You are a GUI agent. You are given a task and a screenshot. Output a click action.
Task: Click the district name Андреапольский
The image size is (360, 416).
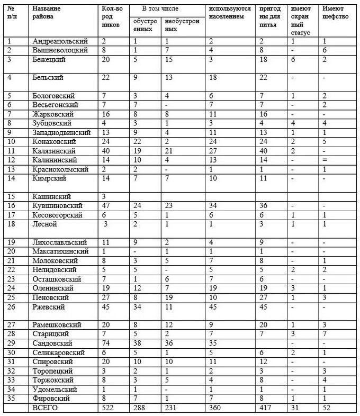(x=60, y=41)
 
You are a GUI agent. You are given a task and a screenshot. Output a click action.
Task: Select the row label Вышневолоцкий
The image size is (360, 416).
(x=60, y=50)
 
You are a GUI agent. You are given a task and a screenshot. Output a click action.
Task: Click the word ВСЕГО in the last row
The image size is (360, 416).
(x=45, y=408)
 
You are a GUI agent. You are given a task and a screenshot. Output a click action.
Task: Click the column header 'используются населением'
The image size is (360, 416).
(x=229, y=13)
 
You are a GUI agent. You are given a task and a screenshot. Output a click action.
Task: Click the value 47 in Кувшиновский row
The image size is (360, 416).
(x=106, y=205)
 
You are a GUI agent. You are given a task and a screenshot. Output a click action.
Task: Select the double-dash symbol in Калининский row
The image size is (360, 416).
(x=325, y=159)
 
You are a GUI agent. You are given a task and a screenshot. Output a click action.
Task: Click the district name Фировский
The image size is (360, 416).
(x=52, y=399)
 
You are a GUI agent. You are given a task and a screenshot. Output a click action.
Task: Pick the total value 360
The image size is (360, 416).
(x=215, y=408)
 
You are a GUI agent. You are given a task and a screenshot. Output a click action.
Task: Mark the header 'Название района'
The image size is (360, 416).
(x=47, y=13)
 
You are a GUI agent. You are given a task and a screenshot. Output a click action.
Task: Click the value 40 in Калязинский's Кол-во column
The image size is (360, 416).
(x=106, y=150)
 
